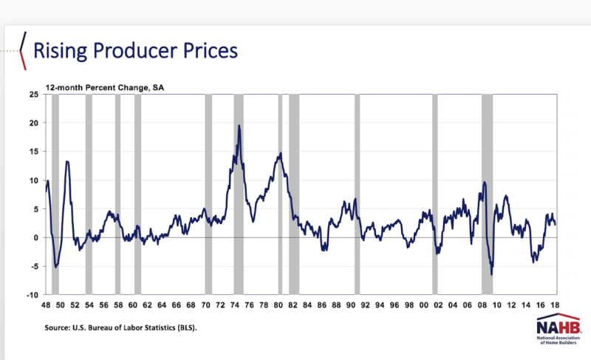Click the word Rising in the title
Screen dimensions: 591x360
click(x=61, y=51)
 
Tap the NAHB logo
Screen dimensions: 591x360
click(x=558, y=328)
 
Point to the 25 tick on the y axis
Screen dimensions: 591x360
click(x=34, y=94)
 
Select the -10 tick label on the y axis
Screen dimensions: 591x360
click(x=33, y=295)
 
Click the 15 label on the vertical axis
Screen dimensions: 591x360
click(x=34, y=152)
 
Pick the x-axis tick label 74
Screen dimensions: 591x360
click(x=234, y=305)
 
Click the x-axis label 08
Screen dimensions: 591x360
click(x=482, y=305)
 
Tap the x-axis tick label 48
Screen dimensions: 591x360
click(x=46, y=305)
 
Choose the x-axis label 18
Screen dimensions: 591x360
click(x=555, y=305)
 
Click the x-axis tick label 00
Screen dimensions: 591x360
click(x=423, y=305)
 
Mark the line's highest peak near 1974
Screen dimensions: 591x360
click(x=239, y=126)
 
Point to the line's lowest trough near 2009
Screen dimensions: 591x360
click(x=491, y=274)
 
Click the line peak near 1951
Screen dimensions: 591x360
click(x=66, y=161)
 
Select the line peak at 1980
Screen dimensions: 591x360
click(x=281, y=153)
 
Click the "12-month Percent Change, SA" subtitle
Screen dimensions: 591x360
click(x=105, y=88)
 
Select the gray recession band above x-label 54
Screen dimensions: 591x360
click(x=89, y=194)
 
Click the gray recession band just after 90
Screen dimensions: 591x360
click(x=357, y=194)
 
